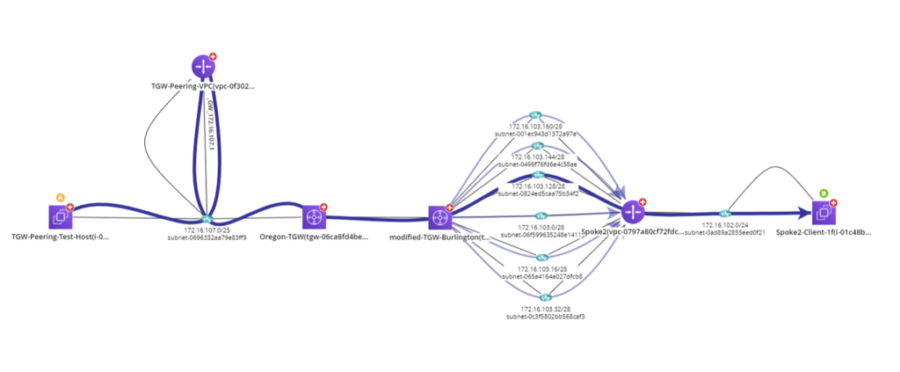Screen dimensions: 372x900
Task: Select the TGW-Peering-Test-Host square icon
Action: [x=61, y=215]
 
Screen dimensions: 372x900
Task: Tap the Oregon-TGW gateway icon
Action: [x=314, y=216]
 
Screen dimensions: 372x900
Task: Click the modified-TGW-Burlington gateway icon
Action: [x=439, y=216]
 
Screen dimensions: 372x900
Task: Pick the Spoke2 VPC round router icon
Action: [x=633, y=212]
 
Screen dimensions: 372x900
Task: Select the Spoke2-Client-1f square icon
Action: [x=824, y=212]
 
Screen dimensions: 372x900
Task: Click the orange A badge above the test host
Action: [x=61, y=197]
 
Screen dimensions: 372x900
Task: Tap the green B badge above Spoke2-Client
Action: [x=824, y=193]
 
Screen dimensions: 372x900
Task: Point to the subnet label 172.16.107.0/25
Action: [x=207, y=230]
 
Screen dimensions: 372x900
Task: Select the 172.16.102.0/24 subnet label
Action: [x=725, y=225]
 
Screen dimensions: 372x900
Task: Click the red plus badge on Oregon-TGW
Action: [x=324, y=208]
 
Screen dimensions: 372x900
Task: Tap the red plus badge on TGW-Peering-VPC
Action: [x=213, y=57]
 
